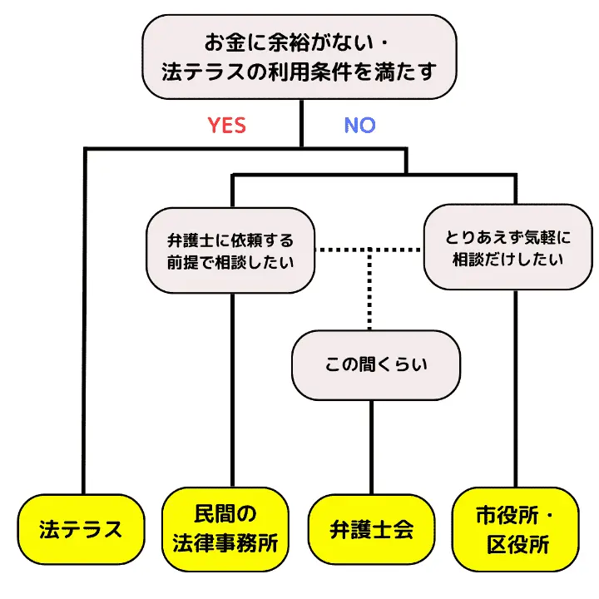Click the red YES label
[x=226, y=126]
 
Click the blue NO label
[x=359, y=126]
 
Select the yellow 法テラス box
[x=81, y=529]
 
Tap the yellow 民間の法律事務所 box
[x=225, y=528]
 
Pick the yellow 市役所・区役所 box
[x=516, y=528]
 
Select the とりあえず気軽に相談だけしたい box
[x=507, y=248]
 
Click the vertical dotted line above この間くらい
[x=369, y=291]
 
